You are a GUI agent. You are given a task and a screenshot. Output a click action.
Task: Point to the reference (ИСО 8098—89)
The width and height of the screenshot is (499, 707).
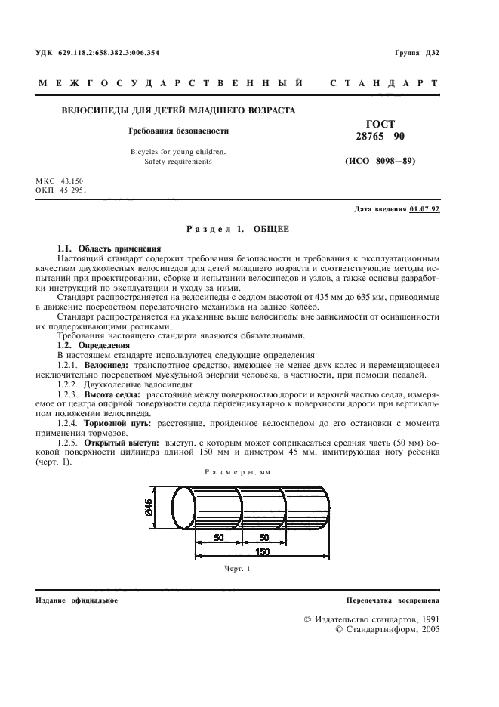pos(380,161)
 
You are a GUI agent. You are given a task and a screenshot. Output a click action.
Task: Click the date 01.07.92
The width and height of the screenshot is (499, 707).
pos(424,208)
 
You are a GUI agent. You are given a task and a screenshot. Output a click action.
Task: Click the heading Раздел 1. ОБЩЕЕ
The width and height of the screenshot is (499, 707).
pos(237,228)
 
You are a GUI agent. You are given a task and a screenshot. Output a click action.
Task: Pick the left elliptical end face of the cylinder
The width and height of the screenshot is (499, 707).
pos(184,509)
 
